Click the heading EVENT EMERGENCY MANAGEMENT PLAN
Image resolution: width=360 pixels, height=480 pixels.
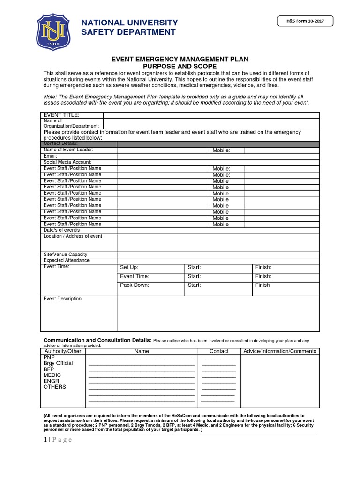pyautogui.click(x=180, y=59)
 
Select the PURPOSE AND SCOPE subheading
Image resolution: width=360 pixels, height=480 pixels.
pyautogui.click(x=180, y=67)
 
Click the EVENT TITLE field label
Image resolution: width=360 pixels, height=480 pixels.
pyautogui.click(x=61, y=115)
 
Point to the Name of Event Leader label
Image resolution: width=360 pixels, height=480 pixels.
pyautogui.click(x=68, y=150)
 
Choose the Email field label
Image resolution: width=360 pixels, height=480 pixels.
pyautogui.click(x=50, y=156)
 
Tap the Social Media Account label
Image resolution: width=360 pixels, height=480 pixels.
pyautogui.click(x=67, y=162)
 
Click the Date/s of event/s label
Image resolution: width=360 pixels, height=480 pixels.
pyautogui.click(x=62, y=230)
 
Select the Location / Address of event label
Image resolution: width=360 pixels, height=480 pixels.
pyautogui.click(x=73, y=236)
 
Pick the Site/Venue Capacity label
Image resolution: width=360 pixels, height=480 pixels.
pyautogui.click(x=66, y=254)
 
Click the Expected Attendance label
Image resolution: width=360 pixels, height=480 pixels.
pyautogui.click(x=67, y=260)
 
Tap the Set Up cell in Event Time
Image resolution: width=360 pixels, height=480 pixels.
pyautogui.click(x=129, y=267)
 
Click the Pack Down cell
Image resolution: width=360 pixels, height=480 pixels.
pyautogui.click(x=135, y=285)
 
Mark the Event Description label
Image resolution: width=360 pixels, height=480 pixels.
pyautogui.click(x=62, y=299)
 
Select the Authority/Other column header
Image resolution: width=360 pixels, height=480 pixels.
pyautogui.click(x=63, y=351)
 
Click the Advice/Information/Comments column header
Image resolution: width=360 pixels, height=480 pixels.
pyautogui.click(x=279, y=351)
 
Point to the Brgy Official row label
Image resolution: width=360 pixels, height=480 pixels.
pyautogui.click(x=58, y=363)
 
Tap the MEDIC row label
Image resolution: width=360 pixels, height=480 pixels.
pyautogui.click(x=52, y=375)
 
